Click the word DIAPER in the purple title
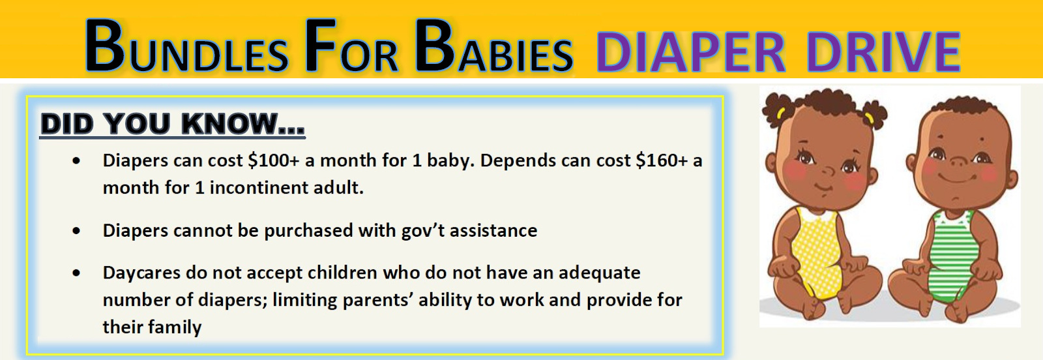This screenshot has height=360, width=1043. (691, 52)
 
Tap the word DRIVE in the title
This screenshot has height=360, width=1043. (883, 52)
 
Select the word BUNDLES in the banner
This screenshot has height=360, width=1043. (186, 47)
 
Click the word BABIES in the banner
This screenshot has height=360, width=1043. (493, 47)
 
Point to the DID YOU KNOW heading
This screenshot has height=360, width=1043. (172, 125)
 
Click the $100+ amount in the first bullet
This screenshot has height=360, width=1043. (274, 160)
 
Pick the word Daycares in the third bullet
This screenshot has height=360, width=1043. (141, 273)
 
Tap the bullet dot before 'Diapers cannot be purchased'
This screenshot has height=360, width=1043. (76, 230)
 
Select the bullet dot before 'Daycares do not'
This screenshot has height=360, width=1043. (76, 273)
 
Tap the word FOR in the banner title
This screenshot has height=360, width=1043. (352, 47)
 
